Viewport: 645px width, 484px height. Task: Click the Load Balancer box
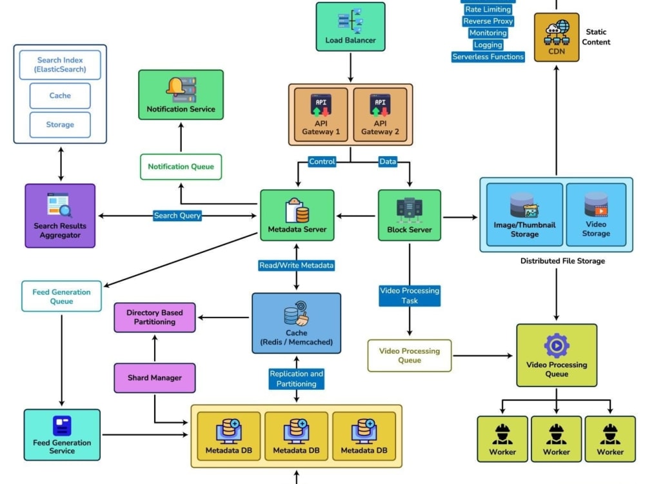click(350, 26)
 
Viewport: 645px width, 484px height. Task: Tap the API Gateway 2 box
click(380, 115)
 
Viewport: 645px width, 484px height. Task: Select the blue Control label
click(322, 161)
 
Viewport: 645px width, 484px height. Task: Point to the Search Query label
click(177, 216)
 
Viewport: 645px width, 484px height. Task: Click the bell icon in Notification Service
click(175, 86)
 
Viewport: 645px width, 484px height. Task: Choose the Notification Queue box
click(181, 166)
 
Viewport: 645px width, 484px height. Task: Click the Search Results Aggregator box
click(60, 216)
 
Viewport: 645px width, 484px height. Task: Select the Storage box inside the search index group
click(60, 125)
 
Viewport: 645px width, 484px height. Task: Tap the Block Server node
click(410, 216)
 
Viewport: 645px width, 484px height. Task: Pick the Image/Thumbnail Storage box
click(524, 215)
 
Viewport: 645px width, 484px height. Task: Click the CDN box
click(557, 37)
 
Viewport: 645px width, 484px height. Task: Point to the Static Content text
click(596, 37)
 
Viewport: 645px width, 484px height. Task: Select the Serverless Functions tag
click(488, 57)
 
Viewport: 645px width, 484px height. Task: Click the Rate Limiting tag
click(488, 10)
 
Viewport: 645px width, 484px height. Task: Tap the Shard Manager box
click(155, 378)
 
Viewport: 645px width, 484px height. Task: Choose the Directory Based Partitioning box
click(155, 318)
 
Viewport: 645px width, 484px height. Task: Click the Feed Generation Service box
click(62, 434)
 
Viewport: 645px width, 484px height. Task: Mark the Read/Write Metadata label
click(297, 265)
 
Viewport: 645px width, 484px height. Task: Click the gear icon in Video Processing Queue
click(557, 346)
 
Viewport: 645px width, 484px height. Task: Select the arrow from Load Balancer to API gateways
click(350, 67)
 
